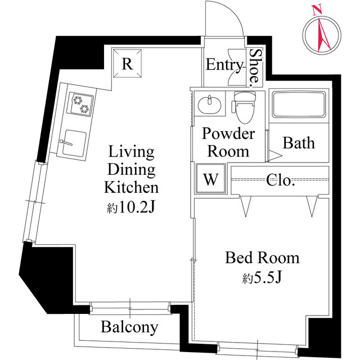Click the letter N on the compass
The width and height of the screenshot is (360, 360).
(317, 10)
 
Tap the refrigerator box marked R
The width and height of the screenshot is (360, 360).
(127, 63)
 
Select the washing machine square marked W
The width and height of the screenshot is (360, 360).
(210, 178)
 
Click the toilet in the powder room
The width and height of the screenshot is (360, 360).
(245, 106)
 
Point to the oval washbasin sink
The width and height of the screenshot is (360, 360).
(209, 105)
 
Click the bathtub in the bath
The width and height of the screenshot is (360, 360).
(299, 105)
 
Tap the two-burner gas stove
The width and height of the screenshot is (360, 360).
(80, 104)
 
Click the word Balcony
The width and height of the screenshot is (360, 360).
(129, 327)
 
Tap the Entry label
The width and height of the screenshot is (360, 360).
(224, 65)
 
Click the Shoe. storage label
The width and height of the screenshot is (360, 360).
(255, 68)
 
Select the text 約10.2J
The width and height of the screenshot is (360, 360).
(130, 208)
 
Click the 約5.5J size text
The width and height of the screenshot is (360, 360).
(262, 278)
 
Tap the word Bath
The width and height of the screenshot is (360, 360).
(299, 143)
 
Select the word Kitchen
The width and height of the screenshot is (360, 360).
(131, 187)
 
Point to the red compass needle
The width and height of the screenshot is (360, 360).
(323, 34)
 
